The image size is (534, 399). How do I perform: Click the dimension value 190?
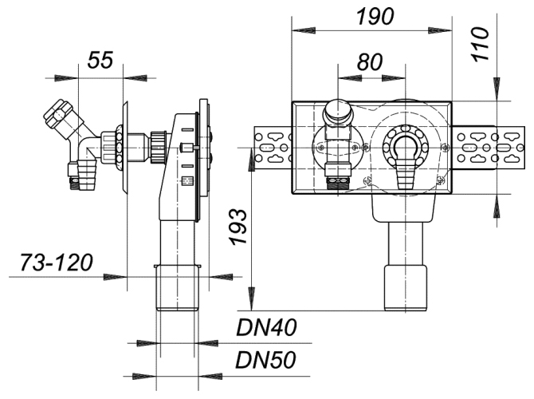(x=375, y=17)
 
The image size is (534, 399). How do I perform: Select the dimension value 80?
(x=370, y=62)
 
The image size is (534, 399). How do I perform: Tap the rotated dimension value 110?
(x=481, y=45)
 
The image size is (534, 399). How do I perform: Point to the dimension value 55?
(x=100, y=60)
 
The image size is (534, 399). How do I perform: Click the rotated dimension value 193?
(x=238, y=227)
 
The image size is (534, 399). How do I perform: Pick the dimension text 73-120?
(x=57, y=263)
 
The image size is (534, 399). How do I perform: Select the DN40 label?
(x=266, y=327)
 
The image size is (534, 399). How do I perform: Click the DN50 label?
(x=266, y=360)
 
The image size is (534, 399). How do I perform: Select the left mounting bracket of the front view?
(x=273, y=148)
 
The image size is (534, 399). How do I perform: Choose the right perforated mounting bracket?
(x=489, y=148)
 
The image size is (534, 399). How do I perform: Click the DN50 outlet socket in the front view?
(x=405, y=287)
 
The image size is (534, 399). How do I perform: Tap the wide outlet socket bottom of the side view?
(x=178, y=287)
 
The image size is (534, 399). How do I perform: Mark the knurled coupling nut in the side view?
(x=158, y=148)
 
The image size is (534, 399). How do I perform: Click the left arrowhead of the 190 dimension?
(x=304, y=30)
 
